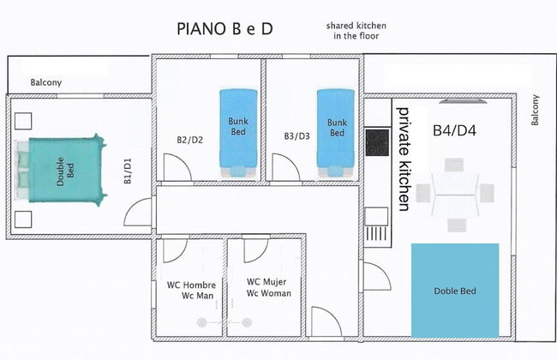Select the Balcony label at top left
tap(46, 82)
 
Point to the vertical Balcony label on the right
tap(536, 110)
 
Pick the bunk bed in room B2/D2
tap(237, 131)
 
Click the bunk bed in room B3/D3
tap(336, 131)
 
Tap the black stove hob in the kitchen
tap(376, 141)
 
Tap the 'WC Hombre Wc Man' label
tap(191, 290)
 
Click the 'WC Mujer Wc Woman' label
tap(269, 287)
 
